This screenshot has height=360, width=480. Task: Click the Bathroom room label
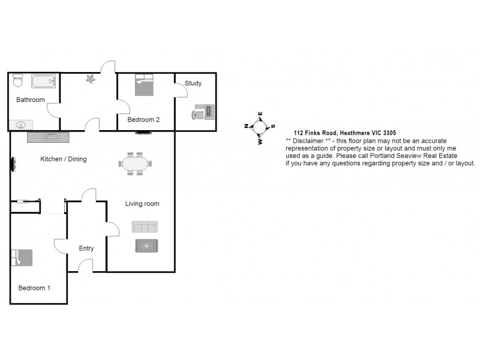point(30,100)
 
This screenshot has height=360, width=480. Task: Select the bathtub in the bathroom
point(44,81)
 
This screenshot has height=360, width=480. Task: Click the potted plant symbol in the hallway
point(91,79)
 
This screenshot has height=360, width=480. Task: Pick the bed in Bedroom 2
point(144,85)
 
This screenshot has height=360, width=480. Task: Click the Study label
point(193,83)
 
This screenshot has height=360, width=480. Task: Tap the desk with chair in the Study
point(204,112)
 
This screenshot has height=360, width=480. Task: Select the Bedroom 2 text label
point(143,119)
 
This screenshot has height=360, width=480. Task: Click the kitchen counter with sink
point(49,137)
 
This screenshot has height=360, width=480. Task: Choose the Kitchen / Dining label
point(63,159)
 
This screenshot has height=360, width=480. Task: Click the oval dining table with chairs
point(136,163)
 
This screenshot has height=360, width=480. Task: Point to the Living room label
point(142,204)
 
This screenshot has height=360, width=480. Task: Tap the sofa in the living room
point(145,227)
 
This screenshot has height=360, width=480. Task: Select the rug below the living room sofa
point(146,246)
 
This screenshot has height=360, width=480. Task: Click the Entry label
point(86,248)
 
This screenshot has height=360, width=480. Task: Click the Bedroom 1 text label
point(34,288)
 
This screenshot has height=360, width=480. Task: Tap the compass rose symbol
point(260,127)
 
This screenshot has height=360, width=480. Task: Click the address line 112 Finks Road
point(344,133)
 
